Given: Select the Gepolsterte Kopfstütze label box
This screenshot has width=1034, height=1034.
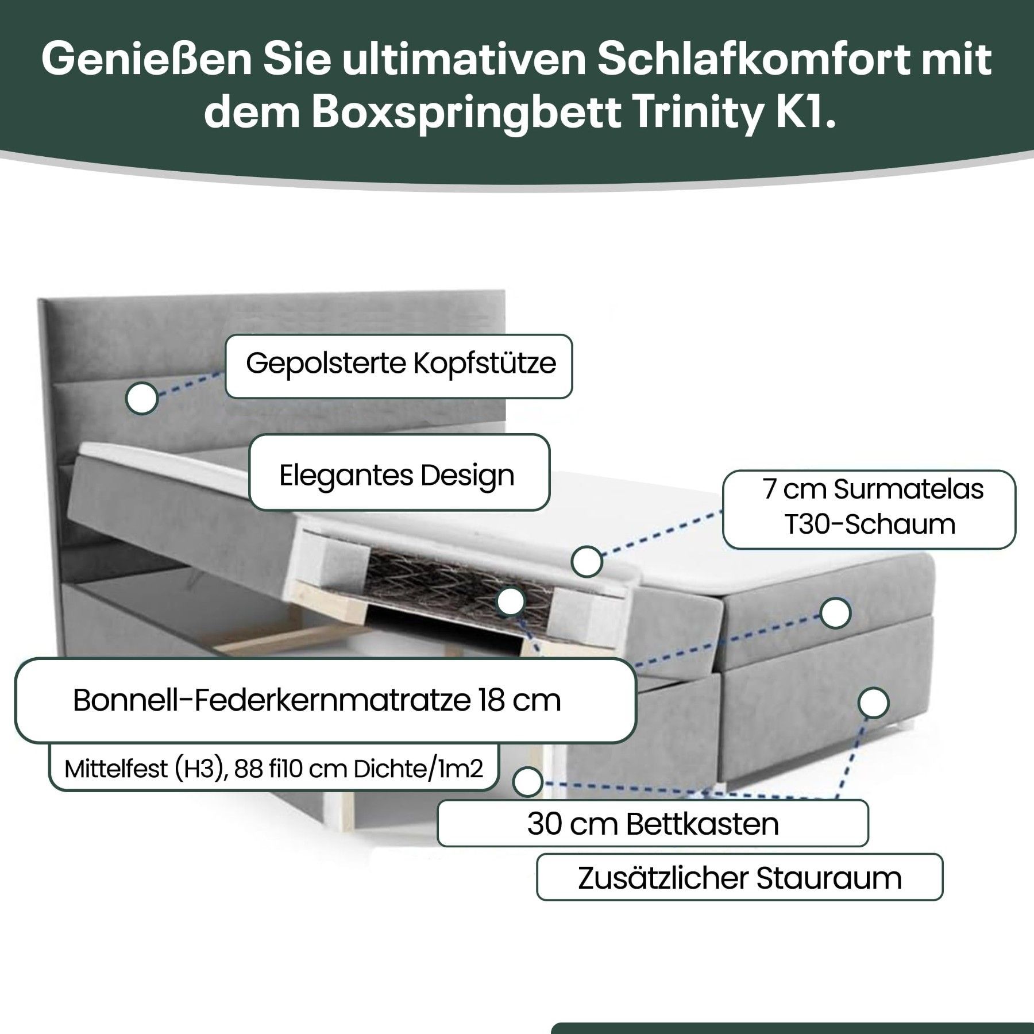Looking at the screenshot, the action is pos(399,366).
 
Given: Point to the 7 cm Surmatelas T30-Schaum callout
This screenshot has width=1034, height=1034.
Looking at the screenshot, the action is pos(869,510).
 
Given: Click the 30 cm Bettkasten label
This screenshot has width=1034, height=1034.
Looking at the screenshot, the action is pos(653,824).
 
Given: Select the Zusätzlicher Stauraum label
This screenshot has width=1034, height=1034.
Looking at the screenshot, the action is pos(740,878).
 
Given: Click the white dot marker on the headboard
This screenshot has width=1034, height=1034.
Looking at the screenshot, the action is pos(142,399).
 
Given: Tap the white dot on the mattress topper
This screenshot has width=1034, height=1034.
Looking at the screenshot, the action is pos(587,561).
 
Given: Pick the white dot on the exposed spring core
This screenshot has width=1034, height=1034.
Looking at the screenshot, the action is pos(511,601).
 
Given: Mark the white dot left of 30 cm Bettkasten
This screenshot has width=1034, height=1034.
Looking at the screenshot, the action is pos(527,782).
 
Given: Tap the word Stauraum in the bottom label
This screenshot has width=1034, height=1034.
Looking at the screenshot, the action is pos(829,878).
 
